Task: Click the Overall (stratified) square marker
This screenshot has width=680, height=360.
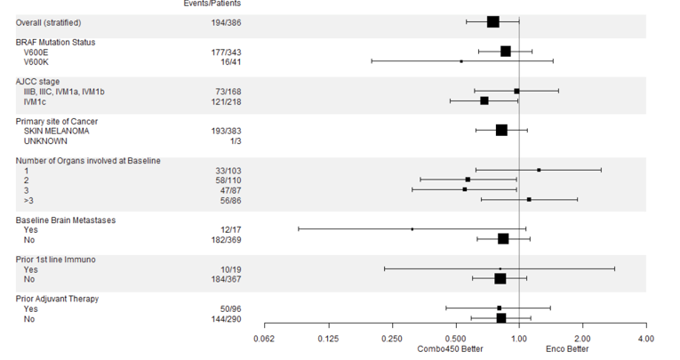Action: tap(493, 21)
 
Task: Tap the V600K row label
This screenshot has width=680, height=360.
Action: tap(36, 61)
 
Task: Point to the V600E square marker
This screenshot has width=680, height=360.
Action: tap(506, 52)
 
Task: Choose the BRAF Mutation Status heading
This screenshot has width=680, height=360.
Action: tap(55, 42)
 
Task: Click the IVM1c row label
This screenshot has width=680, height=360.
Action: tap(36, 101)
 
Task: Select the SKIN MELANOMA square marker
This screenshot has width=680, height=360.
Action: tap(501, 131)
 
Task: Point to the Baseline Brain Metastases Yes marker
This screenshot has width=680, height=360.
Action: tap(412, 229)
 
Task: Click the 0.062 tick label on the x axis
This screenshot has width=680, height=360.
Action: tap(264, 339)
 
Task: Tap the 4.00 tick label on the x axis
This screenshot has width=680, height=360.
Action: tap(646, 339)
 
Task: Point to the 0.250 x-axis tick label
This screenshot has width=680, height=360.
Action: tap(392, 339)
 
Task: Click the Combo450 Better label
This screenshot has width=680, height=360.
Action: tap(456, 348)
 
